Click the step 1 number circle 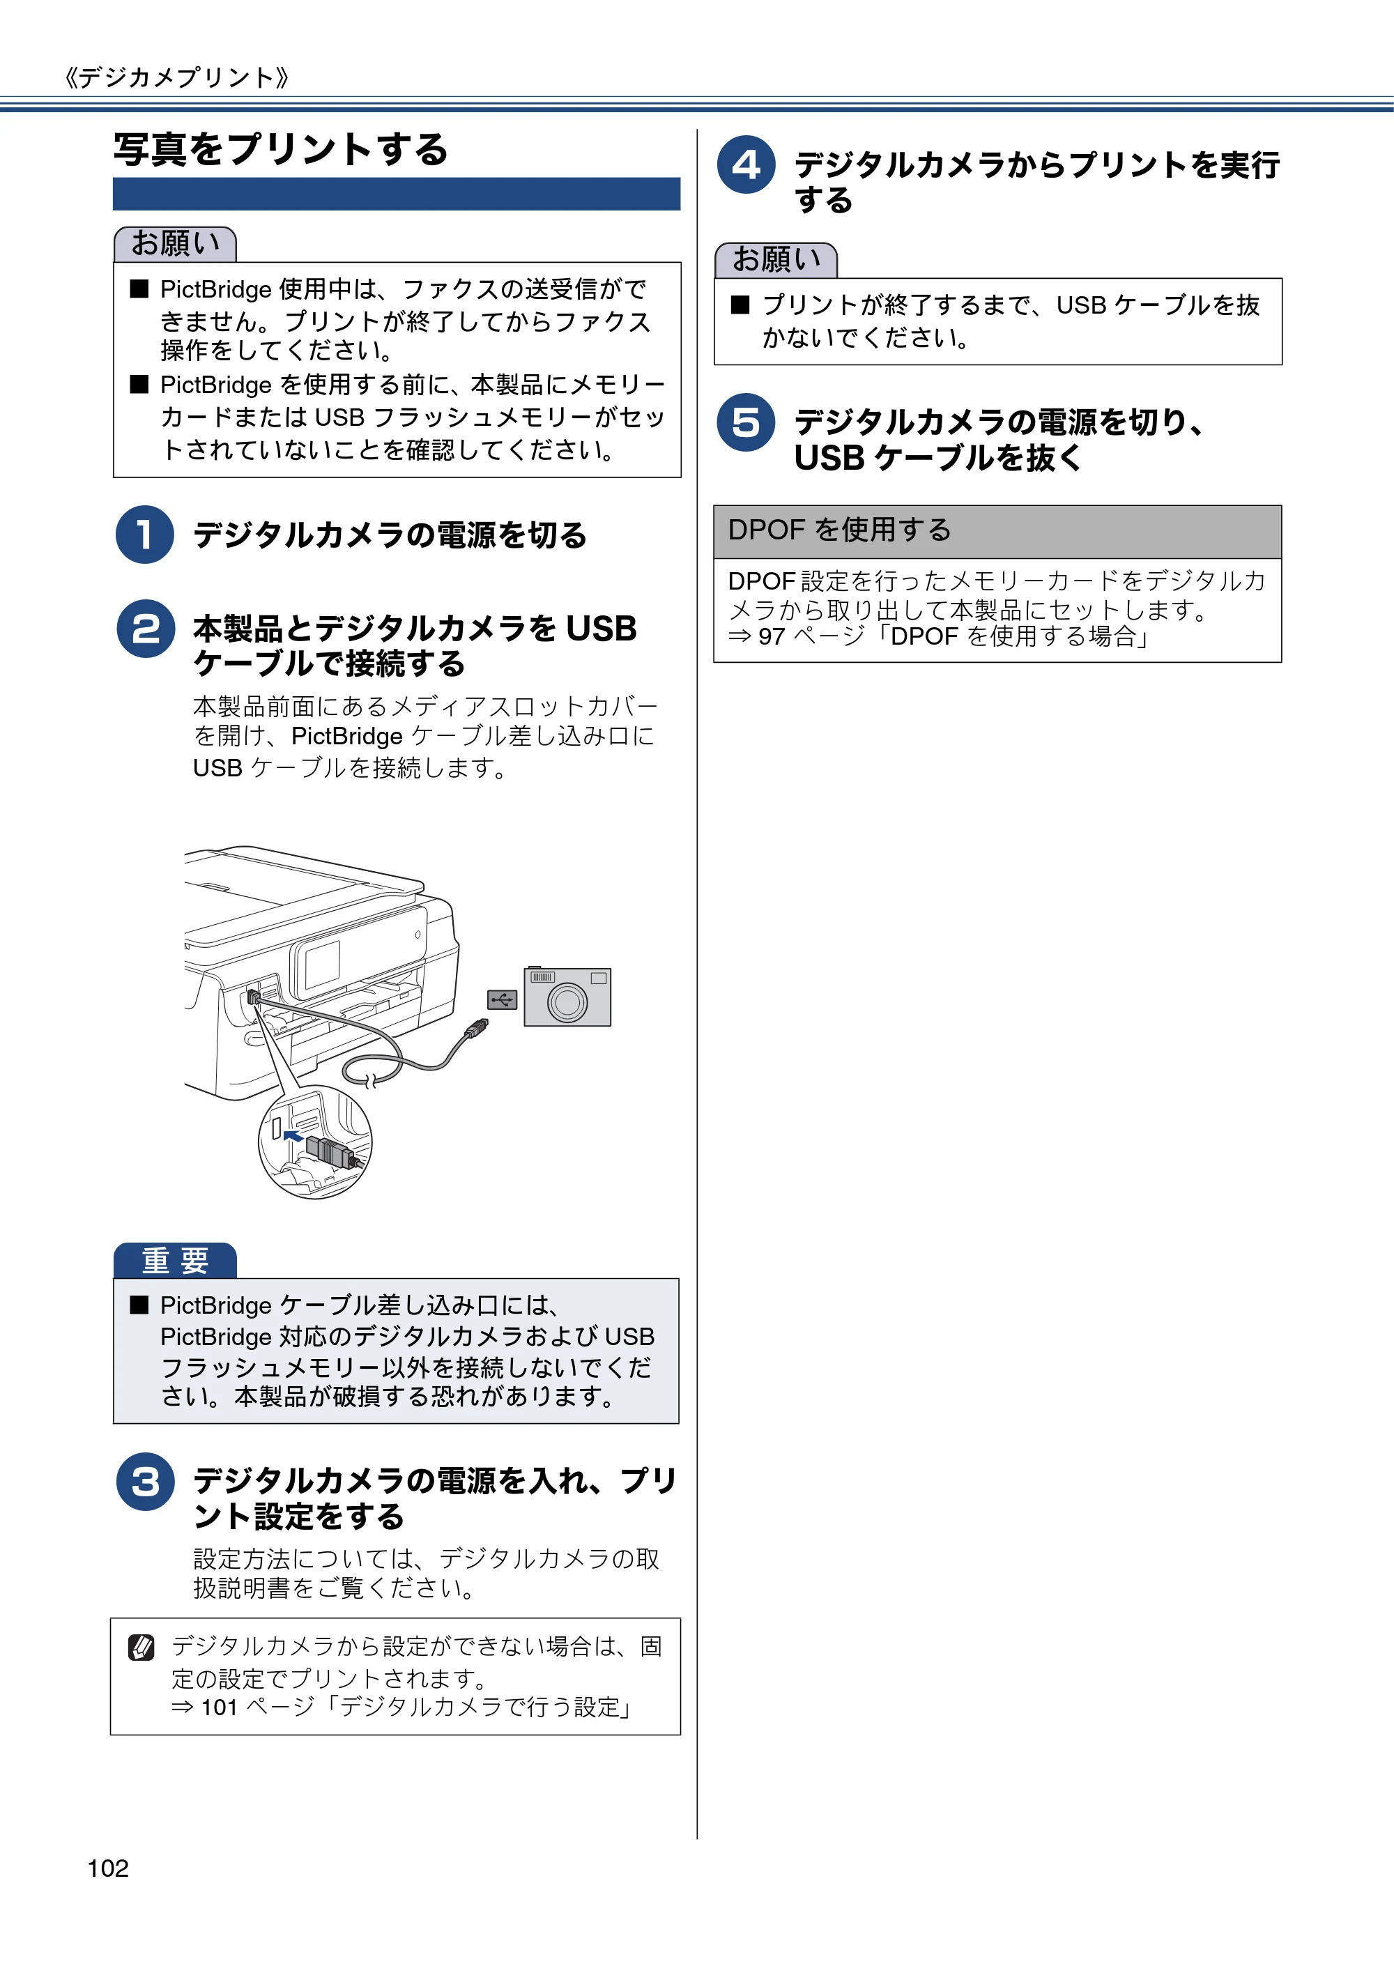(x=145, y=535)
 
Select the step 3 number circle (x=145, y=1482)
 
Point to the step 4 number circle (x=746, y=164)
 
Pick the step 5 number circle (x=746, y=422)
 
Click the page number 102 (x=108, y=1868)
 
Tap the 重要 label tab (x=176, y=1261)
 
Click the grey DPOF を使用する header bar (x=997, y=531)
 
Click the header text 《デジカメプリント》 (x=176, y=78)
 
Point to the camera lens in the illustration (x=567, y=1002)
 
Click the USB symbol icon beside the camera (x=502, y=999)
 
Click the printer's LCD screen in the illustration (x=322, y=964)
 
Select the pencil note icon (x=141, y=1648)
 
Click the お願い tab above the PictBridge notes (x=176, y=244)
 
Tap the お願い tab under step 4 (x=776, y=259)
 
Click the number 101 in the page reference (x=219, y=1707)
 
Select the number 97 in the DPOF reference (x=772, y=637)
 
